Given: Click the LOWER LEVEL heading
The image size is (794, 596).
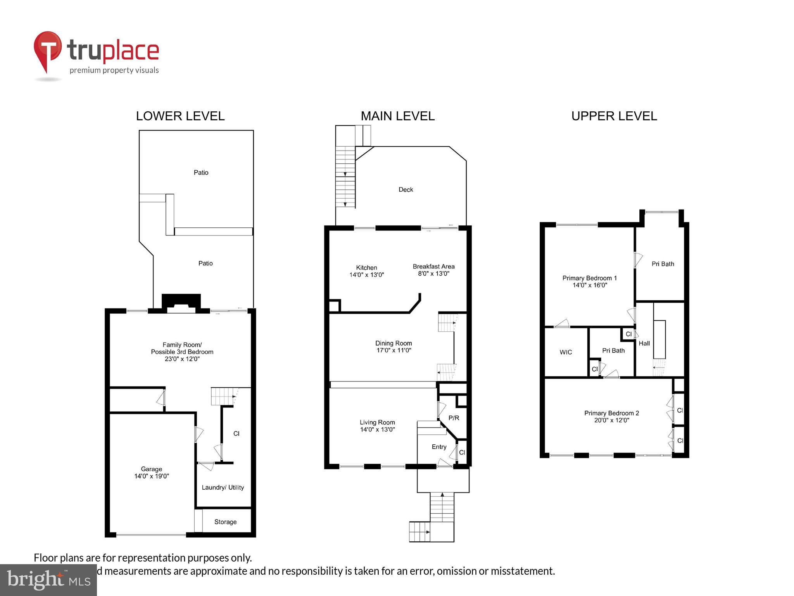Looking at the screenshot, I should [180, 116].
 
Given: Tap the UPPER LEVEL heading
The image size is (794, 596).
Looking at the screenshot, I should [614, 116].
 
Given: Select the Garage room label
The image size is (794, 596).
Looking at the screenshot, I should [152, 469].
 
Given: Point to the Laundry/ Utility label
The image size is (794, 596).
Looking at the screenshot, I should [223, 487].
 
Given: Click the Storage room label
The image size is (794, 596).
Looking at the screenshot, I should [225, 522].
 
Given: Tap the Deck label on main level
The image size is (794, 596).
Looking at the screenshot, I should [406, 189].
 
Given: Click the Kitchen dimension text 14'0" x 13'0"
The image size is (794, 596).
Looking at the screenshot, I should [366, 275].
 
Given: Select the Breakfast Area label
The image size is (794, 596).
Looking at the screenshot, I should [433, 267].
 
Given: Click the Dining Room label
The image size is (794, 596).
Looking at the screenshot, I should [394, 343].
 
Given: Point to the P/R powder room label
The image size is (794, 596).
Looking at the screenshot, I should [454, 418].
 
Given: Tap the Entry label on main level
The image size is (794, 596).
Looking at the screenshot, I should [439, 447].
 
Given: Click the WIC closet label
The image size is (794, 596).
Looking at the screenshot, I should [566, 352].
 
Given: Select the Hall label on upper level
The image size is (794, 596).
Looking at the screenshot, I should [644, 343].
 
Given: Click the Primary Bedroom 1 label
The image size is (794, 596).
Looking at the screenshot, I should [589, 278].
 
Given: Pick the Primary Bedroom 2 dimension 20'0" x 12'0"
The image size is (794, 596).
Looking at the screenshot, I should [611, 420].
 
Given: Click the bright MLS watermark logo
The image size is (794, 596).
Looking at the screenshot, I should [48, 580].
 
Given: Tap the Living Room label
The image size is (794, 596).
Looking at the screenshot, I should [377, 422].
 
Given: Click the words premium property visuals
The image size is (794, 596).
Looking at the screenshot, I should [114, 70].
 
